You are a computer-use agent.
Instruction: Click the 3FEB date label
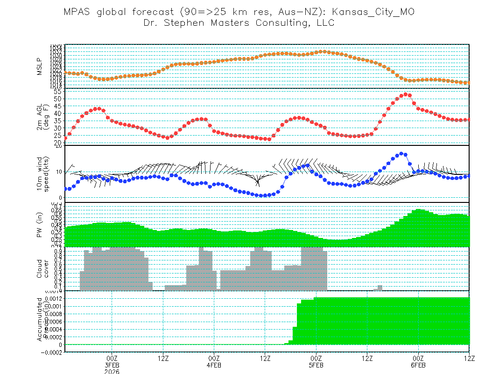[x=112, y=366]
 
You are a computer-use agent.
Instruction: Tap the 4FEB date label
[x=214, y=366]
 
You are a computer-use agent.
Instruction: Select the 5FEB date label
[x=316, y=366]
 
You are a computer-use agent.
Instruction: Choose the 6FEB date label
[x=418, y=366]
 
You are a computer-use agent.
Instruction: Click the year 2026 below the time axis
[x=112, y=372]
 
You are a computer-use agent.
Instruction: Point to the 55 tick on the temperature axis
[x=58, y=92]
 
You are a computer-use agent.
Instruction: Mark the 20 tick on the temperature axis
[x=58, y=143]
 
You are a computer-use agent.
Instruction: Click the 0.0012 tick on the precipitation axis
[x=54, y=298]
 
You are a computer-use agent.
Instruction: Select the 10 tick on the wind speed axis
[x=59, y=172]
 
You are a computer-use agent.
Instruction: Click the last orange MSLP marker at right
[x=468, y=83]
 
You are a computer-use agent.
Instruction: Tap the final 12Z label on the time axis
[x=469, y=359]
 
